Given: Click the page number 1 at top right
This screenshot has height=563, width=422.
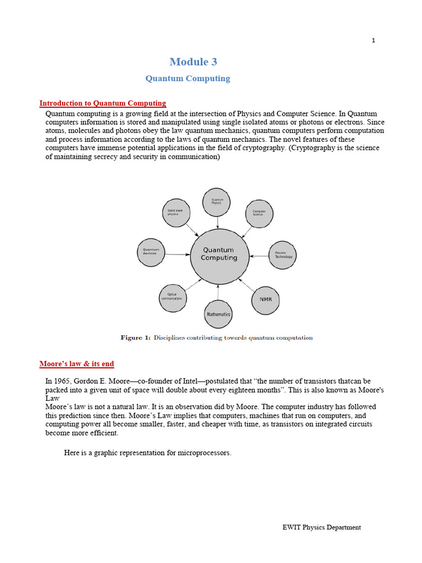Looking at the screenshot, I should coord(374,40).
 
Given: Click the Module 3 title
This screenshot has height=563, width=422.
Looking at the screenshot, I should coord(189,62).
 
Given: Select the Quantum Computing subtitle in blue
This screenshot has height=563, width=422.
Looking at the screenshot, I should coord(187,79).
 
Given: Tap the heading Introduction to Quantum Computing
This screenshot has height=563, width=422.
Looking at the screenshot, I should coord(103,103).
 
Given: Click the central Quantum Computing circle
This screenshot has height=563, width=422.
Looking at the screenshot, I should coord(219,254).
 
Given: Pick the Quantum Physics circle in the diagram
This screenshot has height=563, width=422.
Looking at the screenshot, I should coord(216,202).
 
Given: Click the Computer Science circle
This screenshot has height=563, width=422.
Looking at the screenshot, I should coord(259,213).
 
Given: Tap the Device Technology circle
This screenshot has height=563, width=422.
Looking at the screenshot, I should coord(284,256).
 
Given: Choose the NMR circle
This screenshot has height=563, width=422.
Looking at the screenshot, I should coord(265,300).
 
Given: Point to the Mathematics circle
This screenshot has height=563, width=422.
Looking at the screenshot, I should coord(218,314).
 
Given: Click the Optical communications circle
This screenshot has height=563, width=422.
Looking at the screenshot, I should coord(172,297).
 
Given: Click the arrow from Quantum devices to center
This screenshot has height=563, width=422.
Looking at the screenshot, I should coord(177,255).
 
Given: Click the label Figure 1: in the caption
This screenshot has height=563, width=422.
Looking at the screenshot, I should coord(135,338).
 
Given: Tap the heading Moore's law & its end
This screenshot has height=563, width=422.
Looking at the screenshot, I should coord(77,364).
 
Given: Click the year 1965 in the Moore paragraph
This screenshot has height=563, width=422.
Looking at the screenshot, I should coord(63,381).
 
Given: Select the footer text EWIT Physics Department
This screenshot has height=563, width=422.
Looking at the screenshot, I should coord(321,527).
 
